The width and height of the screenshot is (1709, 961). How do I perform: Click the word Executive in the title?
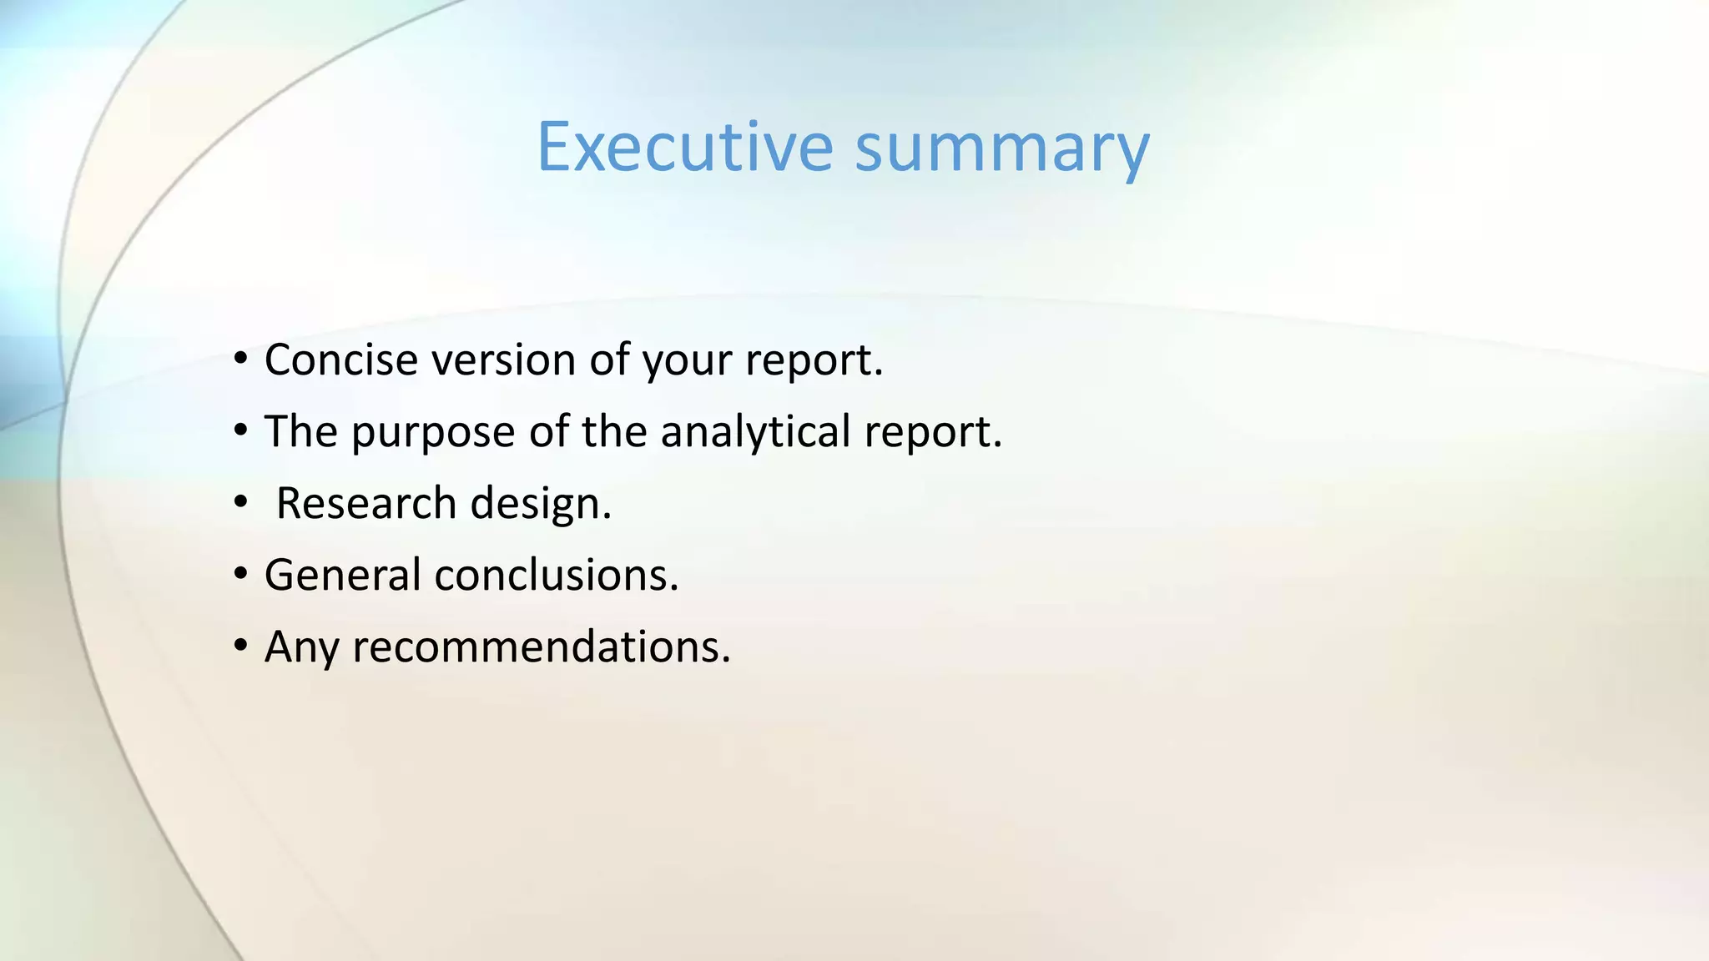point(684,147)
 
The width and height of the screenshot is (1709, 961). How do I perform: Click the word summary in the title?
point(1001,150)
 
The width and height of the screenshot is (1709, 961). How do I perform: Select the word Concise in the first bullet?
point(340,360)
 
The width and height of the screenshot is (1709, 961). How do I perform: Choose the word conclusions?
point(556,575)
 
